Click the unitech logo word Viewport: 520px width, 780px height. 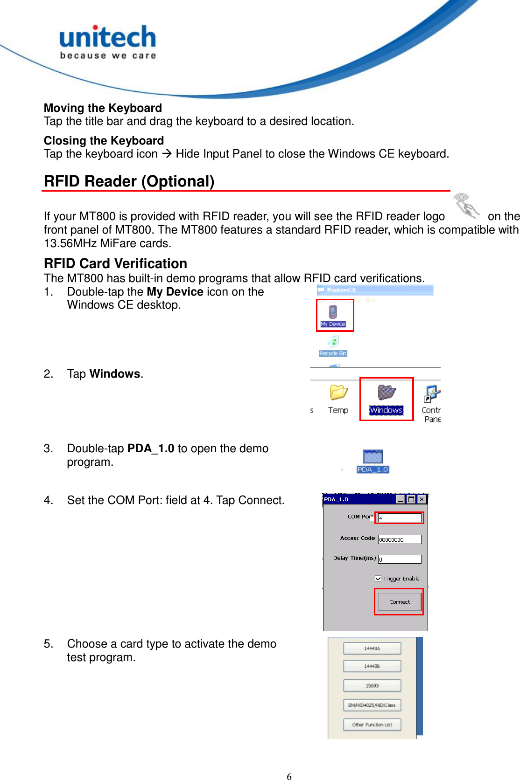(x=107, y=37)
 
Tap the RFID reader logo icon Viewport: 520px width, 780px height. (x=466, y=206)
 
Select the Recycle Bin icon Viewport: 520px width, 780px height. (x=333, y=345)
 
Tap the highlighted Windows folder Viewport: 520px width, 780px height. (x=386, y=399)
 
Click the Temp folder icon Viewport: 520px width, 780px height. (x=338, y=399)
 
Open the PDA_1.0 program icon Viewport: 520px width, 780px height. (x=373, y=461)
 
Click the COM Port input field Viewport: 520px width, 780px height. (x=399, y=518)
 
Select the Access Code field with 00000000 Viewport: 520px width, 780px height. (x=399, y=539)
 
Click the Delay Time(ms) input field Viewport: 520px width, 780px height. (x=399, y=559)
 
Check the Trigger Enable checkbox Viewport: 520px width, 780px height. (x=378, y=579)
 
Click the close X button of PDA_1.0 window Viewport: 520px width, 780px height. (x=422, y=499)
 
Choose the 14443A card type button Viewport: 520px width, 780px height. (x=372, y=649)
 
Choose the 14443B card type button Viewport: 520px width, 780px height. (x=372, y=666)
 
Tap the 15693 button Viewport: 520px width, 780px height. (x=372, y=686)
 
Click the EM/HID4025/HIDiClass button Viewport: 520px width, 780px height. (x=372, y=705)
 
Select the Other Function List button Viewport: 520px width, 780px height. (x=372, y=725)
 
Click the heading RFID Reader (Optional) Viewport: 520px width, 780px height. (x=129, y=181)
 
